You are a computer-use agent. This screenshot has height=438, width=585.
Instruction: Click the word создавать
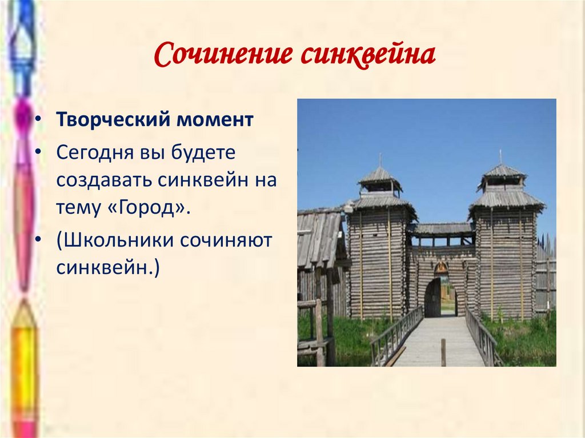[x=104, y=180]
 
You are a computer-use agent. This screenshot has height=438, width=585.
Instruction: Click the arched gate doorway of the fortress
[x=432, y=297]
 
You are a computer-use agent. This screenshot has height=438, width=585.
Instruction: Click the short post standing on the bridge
[x=443, y=352]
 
